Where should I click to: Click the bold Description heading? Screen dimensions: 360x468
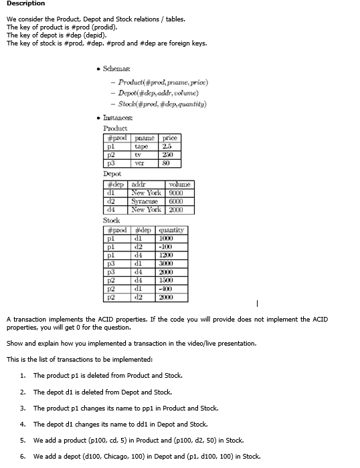click(x=26, y=4)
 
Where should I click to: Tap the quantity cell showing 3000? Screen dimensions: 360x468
click(x=166, y=263)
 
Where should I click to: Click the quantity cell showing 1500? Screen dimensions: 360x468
click(x=166, y=279)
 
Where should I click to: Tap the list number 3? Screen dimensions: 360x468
click(x=23, y=408)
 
